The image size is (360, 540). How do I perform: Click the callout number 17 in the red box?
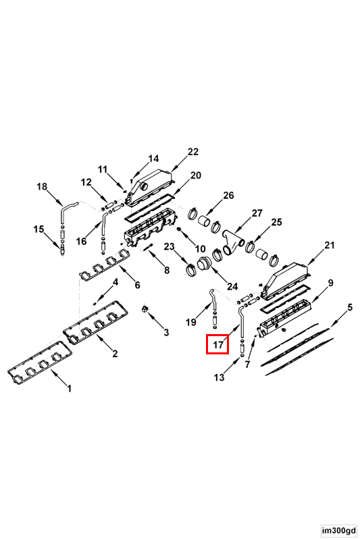point(218,344)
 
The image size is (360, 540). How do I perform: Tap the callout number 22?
point(193,151)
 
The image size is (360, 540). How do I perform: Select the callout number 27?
point(257,213)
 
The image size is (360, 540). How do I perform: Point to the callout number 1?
point(70,389)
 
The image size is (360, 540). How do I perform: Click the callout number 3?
point(166,332)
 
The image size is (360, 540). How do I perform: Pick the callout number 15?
point(39,229)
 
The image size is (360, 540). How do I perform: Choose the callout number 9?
point(330,283)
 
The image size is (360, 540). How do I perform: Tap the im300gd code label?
point(339,531)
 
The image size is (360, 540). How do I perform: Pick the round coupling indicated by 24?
point(204,265)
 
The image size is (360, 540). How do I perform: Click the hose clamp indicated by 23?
point(190,269)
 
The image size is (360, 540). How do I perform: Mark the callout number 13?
point(219,377)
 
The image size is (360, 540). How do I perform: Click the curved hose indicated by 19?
point(213,299)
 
